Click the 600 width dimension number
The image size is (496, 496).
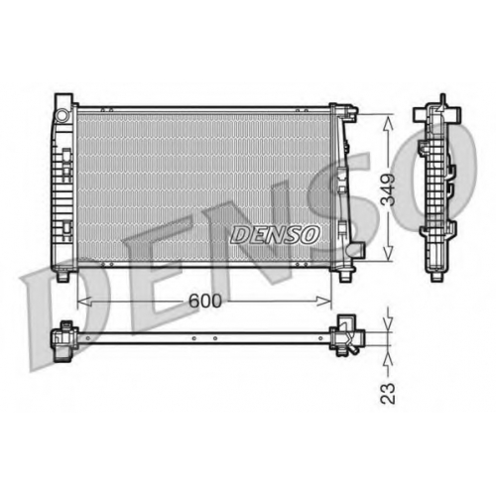pos(204,301)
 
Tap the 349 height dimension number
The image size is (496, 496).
pos(388,189)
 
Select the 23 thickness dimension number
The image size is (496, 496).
pos(388,393)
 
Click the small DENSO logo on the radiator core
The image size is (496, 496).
pos(275,235)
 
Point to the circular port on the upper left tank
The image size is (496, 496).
pos(62,115)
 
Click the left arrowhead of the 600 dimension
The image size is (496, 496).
pos(84,302)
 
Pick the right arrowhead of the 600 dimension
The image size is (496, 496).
pos(324,302)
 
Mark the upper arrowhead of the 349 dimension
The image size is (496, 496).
pos(388,123)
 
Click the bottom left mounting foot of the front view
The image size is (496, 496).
pos(62,276)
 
